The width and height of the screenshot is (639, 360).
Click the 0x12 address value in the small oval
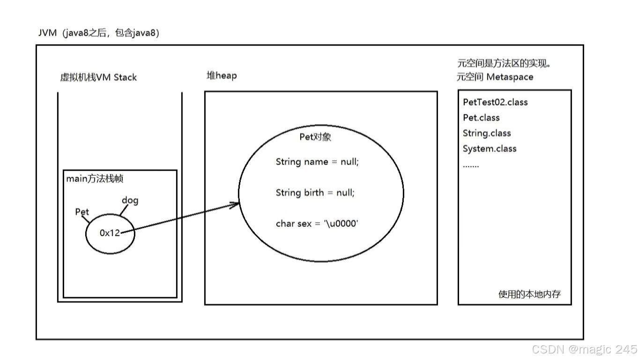point(110,233)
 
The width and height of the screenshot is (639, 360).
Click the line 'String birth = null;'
point(315,193)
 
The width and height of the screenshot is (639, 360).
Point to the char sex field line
point(317,224)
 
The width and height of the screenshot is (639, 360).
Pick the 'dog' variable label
point(130,201)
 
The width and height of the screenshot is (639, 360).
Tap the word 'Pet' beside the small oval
point(82,212)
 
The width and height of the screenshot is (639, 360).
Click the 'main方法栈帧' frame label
point(95,179)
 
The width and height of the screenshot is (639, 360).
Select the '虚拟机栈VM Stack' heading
point(98,77)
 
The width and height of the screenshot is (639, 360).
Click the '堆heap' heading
point(222,75)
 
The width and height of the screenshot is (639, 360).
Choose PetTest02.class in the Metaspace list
point(495,102)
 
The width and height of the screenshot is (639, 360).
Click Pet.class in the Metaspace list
point(481,118)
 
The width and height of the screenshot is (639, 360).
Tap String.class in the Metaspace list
point(487,133)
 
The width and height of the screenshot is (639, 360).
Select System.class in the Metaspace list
point(490,149)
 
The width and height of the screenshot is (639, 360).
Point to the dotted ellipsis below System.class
point(471,165)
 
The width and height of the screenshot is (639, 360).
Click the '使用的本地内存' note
point(529,294)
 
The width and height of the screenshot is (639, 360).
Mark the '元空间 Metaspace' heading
point(495,77)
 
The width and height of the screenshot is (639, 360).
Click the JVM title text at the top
point(99,33)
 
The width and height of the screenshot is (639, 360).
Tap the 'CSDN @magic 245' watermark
point(584,349)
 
